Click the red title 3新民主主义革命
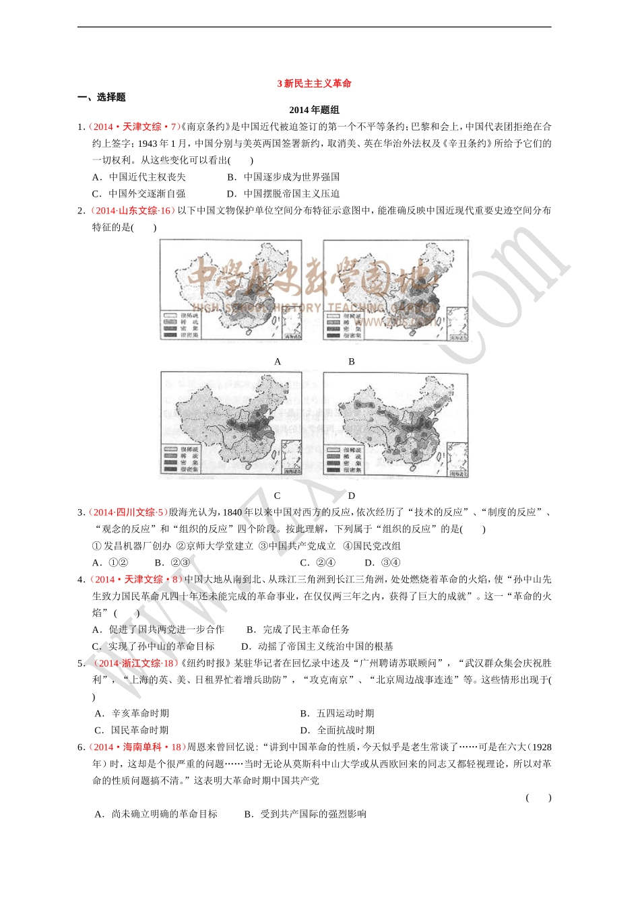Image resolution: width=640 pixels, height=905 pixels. tap(315, 83)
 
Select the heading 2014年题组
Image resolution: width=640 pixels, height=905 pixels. tap(315, 110)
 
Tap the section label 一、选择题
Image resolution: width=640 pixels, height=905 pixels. tap(102, 97)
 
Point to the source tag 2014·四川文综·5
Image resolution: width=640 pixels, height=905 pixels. tap(128, 512)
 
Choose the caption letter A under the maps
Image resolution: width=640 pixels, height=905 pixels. tap(278, 362)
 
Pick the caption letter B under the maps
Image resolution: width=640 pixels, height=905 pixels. tap(352, 362)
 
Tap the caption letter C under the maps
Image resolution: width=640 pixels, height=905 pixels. tap(278, 496)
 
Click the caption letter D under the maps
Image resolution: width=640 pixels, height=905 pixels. tap(352, 496)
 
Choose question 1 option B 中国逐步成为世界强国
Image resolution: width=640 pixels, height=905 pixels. tap(284, 177)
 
